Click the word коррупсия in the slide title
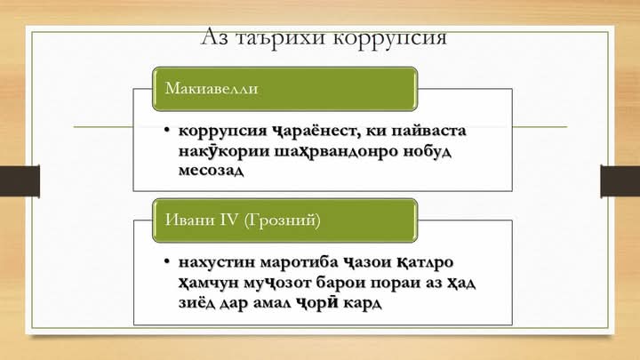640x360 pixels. (390, 38)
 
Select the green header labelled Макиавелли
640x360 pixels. (284, 89)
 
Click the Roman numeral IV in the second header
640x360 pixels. (228, 220)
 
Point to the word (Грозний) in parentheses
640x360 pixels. (282, 220)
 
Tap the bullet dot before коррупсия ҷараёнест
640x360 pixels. (166, 130)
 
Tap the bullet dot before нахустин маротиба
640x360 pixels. (166, 260)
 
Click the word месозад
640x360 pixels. (211, 170)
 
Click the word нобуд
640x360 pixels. (427, 151)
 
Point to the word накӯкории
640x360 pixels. (224, 150)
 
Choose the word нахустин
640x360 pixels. (216, 262)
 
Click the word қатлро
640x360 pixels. (425, 262)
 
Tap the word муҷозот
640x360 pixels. (277, 284)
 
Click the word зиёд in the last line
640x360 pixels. (196, 303)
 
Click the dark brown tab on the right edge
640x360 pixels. (620, 181)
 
